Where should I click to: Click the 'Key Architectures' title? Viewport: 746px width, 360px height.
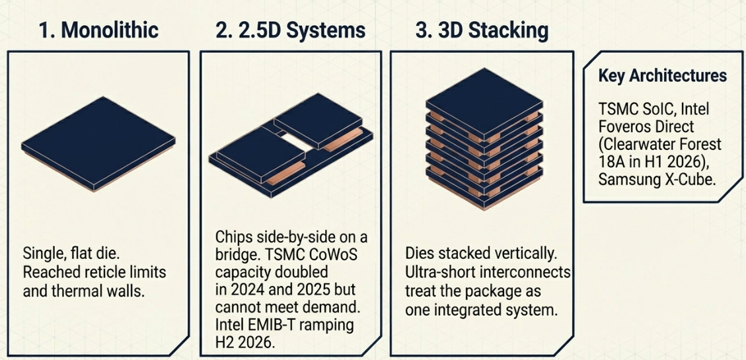point(662,76)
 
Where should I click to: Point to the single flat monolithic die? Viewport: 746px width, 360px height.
point(98,143)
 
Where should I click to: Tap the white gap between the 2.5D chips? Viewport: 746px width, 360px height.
point(297,141)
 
